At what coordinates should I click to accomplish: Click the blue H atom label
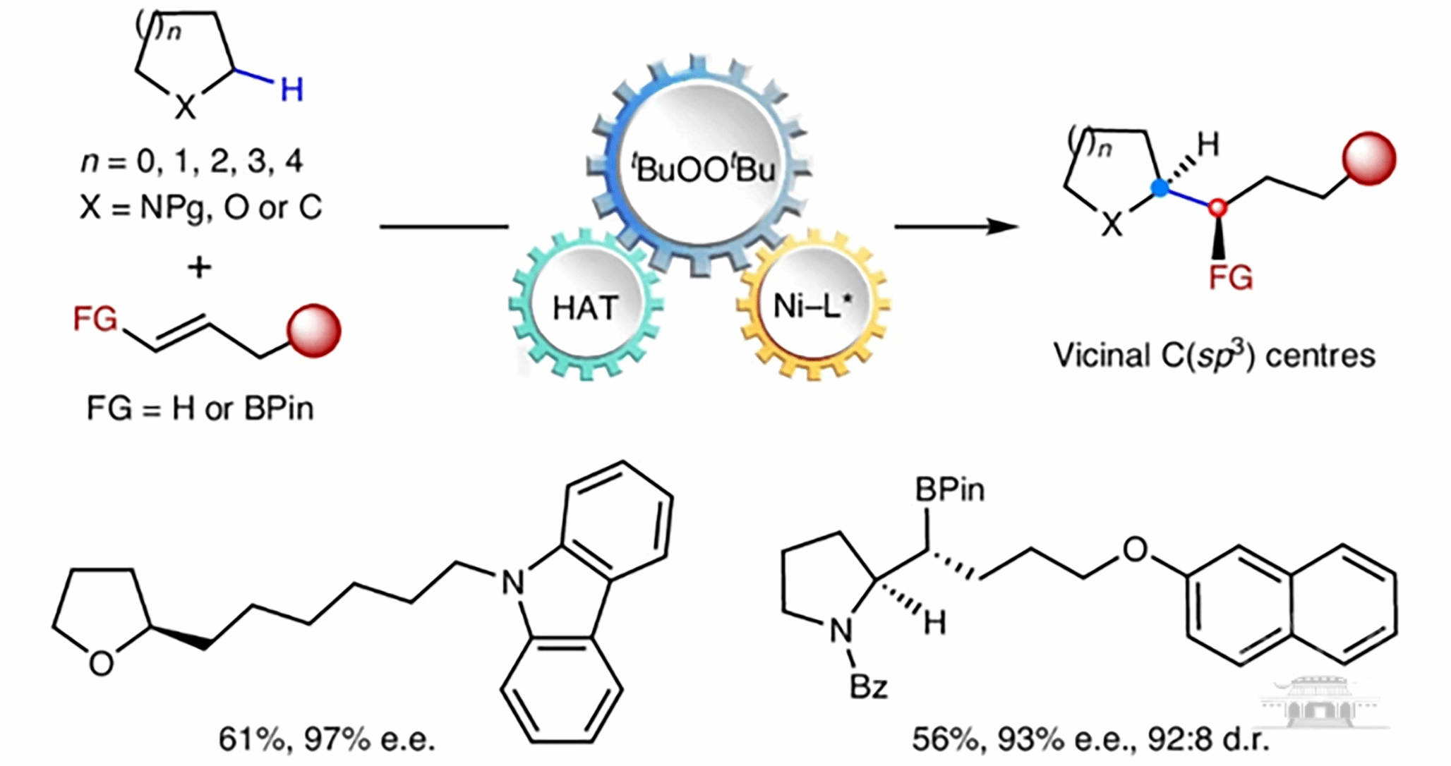click(x=291, y=90)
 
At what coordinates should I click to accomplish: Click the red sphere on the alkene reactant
click(x=313, y=331)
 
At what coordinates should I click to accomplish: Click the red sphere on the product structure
click(x=1368, y=159)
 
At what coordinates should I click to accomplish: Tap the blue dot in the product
click(x=1160, y=188)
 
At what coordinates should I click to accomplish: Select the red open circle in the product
click(x=1217, y=207)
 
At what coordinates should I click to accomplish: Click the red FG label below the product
click(x=1231, y=277)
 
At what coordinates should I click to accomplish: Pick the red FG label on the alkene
click(x=95, y=319)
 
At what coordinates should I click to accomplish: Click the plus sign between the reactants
click(x=199, y=267)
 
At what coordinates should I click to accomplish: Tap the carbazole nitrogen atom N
click(x=513, y=583)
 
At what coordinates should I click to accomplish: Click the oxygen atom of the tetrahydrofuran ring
click(x=102, y=664)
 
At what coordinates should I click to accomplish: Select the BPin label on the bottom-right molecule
click(x=949, y=490)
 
